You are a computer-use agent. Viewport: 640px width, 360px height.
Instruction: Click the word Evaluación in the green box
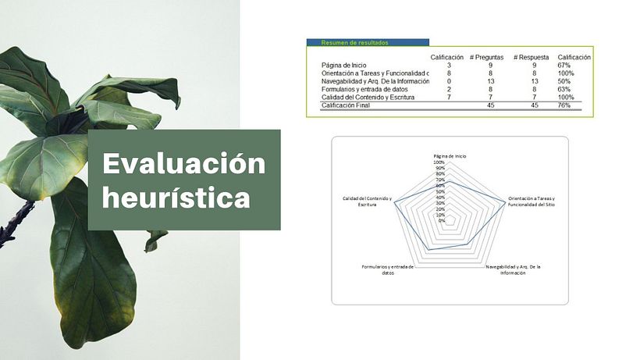[184, 165]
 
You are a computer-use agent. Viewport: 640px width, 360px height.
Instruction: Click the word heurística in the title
[176, 198]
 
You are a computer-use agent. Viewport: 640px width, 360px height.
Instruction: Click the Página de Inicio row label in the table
[343, 66]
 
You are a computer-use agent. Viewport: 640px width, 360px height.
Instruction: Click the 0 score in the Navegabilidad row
[449, 81]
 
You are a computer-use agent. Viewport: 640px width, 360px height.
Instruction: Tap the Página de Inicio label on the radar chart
[450, 156]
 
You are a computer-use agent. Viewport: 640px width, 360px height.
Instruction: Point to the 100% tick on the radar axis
[440, 162]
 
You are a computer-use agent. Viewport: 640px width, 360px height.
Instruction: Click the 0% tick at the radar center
[443, 220]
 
